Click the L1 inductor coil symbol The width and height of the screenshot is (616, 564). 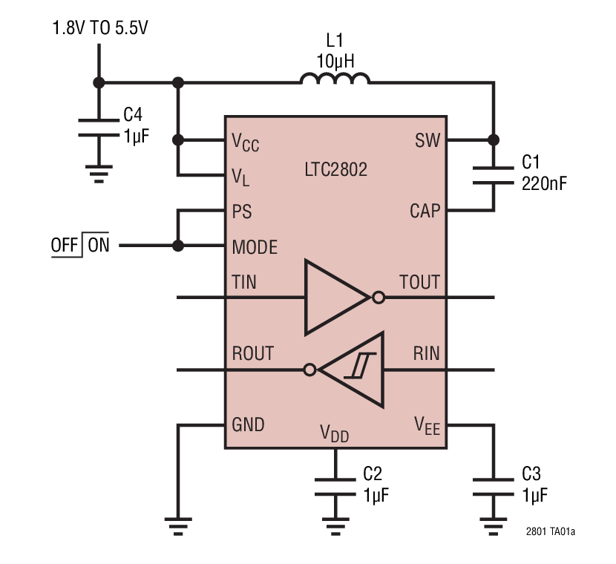335,79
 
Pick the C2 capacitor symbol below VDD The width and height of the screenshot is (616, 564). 335,486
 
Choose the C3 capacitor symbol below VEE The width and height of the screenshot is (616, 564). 492,486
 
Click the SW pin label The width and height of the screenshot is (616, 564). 427,140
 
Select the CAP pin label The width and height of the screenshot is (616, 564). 425,211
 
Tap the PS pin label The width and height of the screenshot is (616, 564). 242,211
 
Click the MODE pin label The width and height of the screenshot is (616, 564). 255,246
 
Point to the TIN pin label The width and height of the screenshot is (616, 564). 244,282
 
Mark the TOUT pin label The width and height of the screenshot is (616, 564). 419,282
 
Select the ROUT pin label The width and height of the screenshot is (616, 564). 252,353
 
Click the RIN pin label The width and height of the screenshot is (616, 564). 426,353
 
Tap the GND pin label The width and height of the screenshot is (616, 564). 248,424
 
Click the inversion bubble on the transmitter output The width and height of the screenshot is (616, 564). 378,298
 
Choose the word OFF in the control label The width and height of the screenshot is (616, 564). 65,246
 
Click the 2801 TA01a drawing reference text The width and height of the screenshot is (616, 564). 550,532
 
